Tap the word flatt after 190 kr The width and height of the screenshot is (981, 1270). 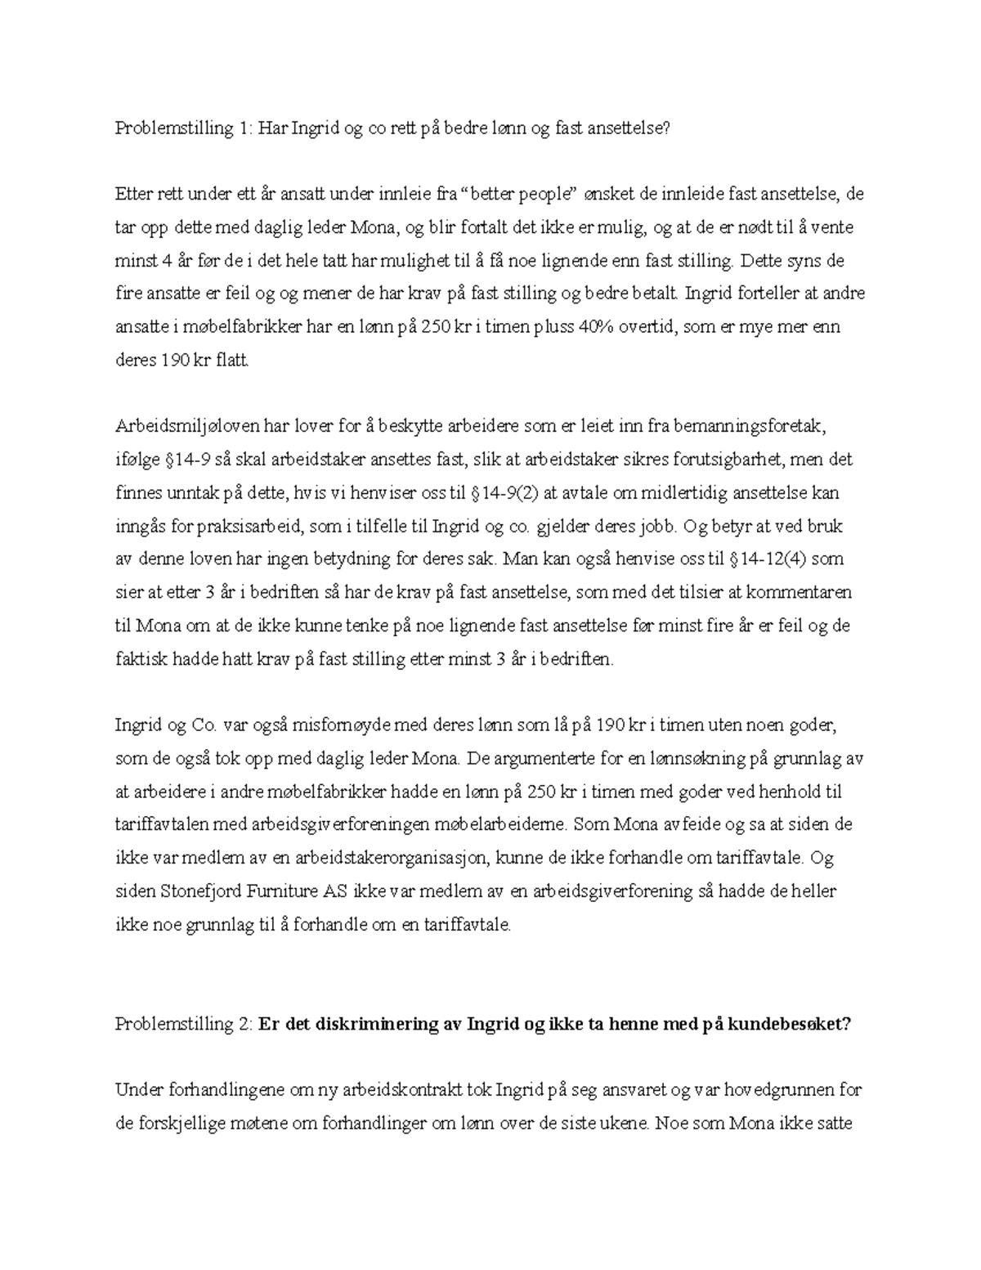(x=231, y=360)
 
